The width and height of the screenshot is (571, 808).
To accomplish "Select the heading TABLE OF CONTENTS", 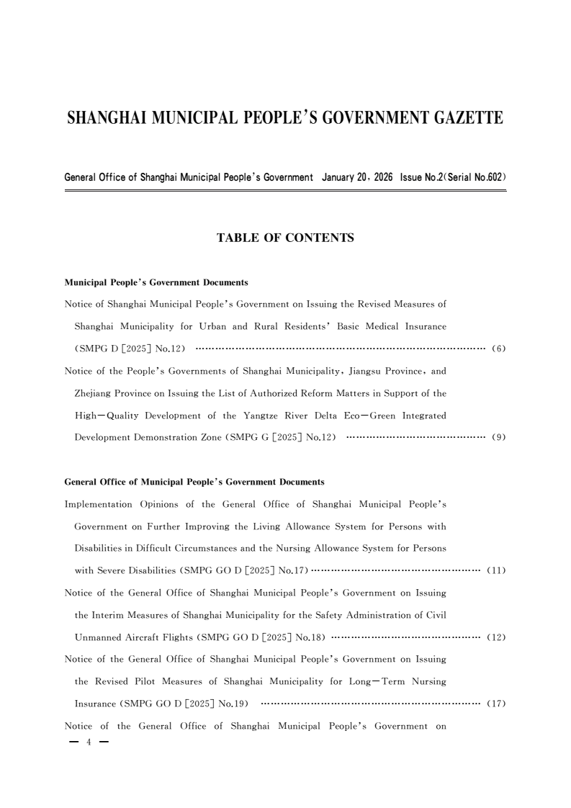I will [285, 238].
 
